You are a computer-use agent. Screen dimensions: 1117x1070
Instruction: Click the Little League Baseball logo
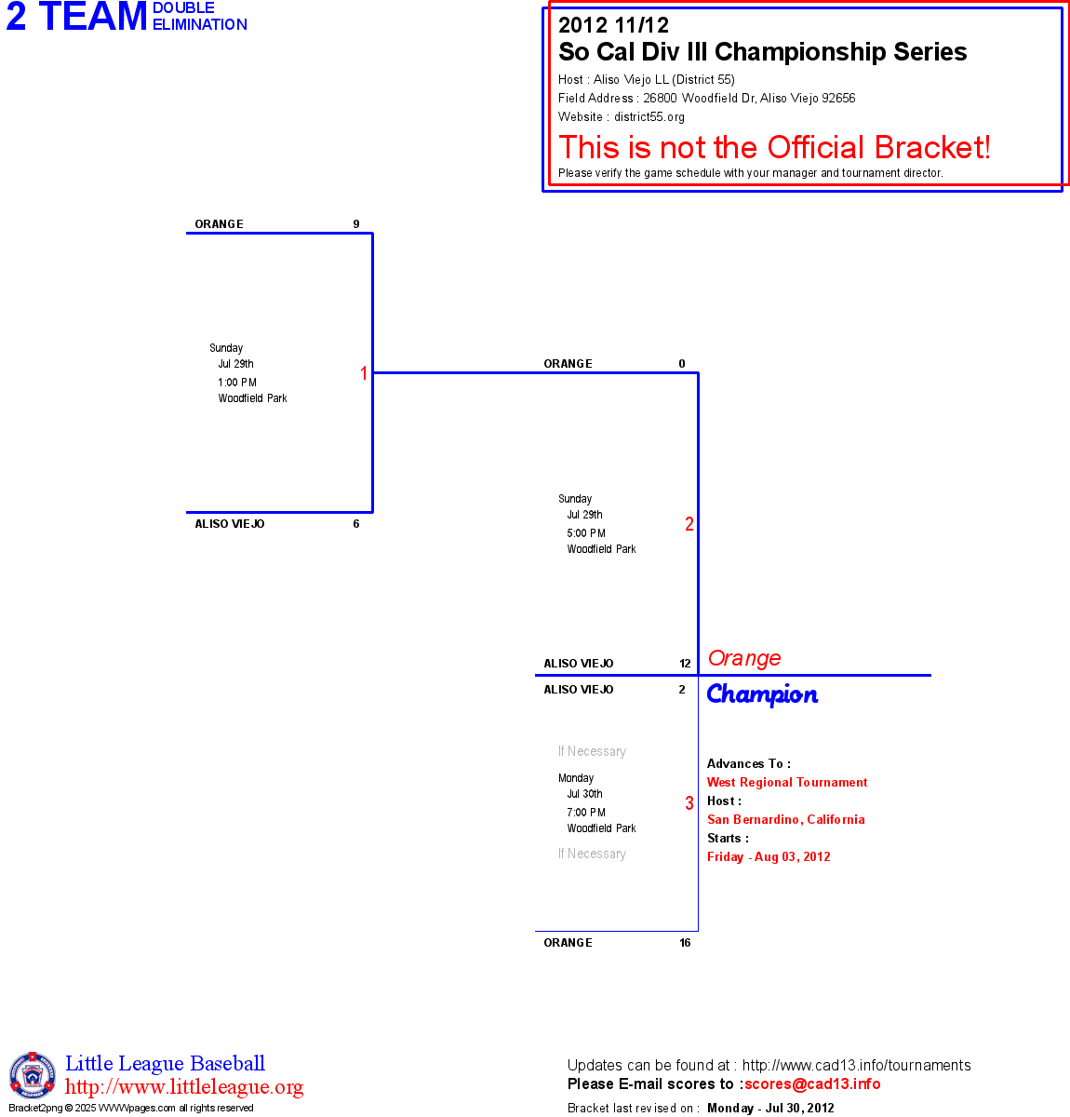pos(33,1075)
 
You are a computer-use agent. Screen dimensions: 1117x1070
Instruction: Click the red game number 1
pos(364,373)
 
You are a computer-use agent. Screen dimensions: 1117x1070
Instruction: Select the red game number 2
pos(689,524)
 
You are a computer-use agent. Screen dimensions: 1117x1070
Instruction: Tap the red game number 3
pos(689,803)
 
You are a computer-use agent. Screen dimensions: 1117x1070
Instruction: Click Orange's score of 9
pos(356,224)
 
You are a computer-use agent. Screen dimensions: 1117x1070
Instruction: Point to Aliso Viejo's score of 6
pos(356,524)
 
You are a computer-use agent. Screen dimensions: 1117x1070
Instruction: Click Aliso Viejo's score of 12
pos(685,664)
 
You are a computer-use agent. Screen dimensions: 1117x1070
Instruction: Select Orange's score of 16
pos(685,943)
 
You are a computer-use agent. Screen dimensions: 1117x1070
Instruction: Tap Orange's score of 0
pos(682,364)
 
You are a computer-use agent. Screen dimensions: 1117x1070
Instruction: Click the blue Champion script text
pos(762,694)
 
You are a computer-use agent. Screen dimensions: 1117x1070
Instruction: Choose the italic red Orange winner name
pos(744,658)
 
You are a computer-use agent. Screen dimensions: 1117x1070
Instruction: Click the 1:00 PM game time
pos(237,383)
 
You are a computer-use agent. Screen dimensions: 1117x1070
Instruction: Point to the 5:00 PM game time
pos(586,533)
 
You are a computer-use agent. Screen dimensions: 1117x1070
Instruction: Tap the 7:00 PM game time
pos(586,813)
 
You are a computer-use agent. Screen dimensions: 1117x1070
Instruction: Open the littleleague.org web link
pos(184,1087)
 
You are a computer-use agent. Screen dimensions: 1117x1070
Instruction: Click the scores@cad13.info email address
pos(812,1083)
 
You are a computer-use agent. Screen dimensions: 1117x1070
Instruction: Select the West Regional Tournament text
pos(787,783)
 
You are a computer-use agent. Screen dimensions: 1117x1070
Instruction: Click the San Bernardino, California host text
pos(786,820)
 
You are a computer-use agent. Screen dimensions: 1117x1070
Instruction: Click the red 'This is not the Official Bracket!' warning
pos(774,147)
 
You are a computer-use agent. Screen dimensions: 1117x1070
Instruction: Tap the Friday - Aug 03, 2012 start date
pos(769,857)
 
